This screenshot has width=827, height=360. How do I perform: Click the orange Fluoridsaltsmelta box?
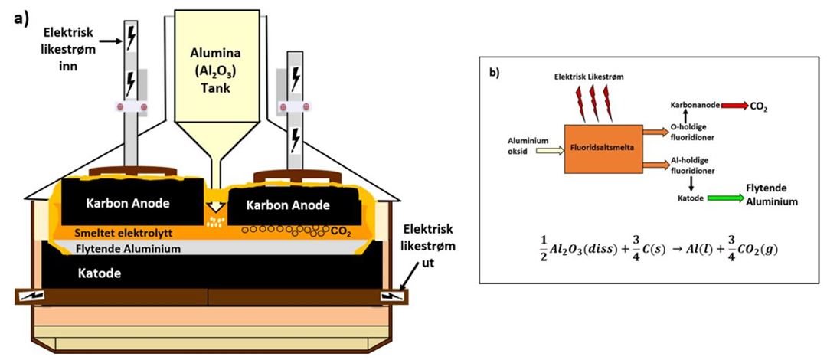pyautogui.click(x=603, y=149)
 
